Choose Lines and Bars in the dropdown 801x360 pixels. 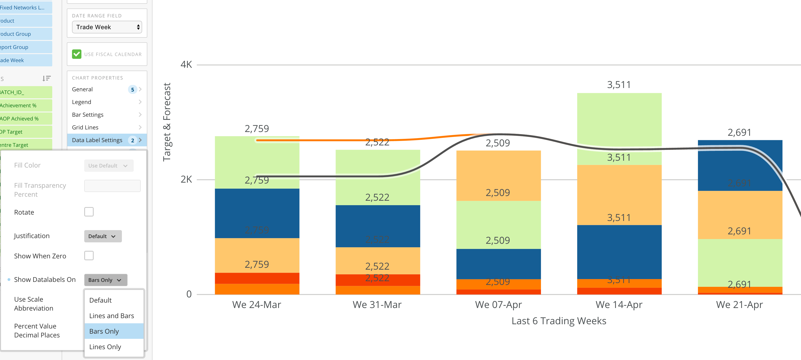point(111,316)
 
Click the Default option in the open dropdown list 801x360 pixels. point(100,300)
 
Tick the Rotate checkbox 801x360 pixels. point(89,212)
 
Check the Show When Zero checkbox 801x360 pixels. point(89,256)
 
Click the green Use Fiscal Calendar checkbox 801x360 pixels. point(76,54)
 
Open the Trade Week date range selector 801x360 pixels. point(107,27)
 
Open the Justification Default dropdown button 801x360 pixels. point(103,236)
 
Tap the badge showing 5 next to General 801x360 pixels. point(132,90)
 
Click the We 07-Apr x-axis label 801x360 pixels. point(498,305)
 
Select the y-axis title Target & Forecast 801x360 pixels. point(167,122)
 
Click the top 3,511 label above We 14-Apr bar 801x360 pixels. point(619,84)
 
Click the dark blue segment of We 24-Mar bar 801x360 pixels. point(257,213)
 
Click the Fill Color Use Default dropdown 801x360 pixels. point(108,166)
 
